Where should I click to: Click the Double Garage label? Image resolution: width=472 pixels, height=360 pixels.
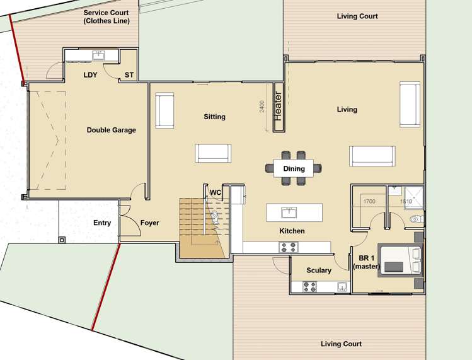click(x=111, y=130)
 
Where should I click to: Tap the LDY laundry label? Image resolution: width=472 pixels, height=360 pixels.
click(x=91, y=75)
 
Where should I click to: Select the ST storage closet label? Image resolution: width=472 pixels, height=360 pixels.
click(x=129, y=75)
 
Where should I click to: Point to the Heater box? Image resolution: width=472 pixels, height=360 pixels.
click(x=277, y=106)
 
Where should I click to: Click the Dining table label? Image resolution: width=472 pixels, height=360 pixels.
click(x=294, y=168)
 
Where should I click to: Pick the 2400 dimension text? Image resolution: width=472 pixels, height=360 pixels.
click(x=262, y=107)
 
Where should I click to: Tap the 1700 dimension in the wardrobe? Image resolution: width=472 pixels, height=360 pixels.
click(x=369, y=202)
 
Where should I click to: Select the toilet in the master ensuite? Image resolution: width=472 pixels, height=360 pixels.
click(x=416, y=219)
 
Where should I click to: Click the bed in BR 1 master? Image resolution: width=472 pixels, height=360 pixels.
click(x=399, y=259)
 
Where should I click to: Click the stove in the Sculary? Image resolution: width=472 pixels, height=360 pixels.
click(x=310, y=287)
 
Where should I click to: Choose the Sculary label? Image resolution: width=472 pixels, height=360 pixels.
click(x=319, y=270)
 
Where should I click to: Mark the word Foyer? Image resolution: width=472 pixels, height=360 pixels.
click(x=150, y=223)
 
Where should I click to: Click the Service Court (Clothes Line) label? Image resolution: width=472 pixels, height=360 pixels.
click(x=106, y=16)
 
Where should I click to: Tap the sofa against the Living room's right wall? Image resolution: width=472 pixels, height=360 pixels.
click(x=409, y=104)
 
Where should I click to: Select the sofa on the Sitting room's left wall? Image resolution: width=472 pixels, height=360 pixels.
click(x=164, y=110)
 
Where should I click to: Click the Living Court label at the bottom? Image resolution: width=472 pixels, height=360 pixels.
click(x=341, y=344)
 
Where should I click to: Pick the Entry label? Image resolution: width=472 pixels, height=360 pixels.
click(x=102, y=223)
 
